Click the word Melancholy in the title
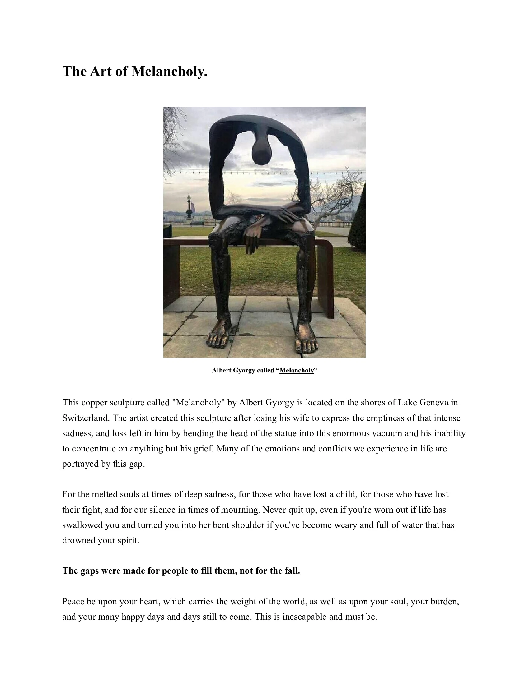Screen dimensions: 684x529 [169, 72]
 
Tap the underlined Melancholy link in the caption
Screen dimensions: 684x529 [297, 370]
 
